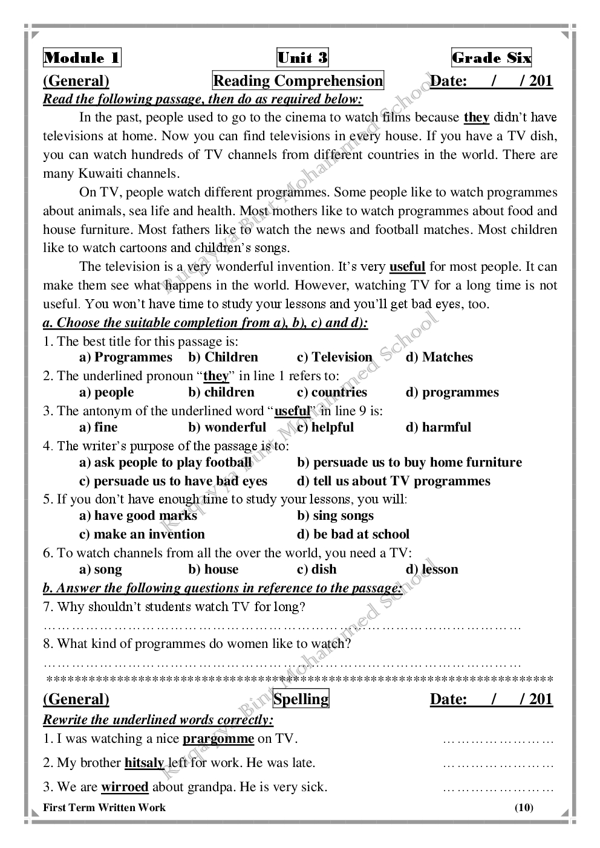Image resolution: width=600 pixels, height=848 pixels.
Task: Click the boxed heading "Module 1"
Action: tap(82, 58)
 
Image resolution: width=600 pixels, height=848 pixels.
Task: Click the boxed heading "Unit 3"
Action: tap(302, 58)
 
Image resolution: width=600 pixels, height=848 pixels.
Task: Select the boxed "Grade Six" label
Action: tap(492, 58)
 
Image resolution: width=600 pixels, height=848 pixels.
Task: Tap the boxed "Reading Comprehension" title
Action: tap(298, 81)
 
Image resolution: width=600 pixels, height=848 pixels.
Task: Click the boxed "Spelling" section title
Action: tap(301, 699)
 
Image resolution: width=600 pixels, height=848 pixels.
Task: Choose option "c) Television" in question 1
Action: tap(334, 357)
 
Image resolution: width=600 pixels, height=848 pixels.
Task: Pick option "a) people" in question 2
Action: tap(106, 392)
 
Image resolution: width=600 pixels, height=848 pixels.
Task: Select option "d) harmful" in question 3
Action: tap(438, 427)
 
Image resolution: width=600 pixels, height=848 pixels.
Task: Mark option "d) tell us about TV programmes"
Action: tap(394, 481)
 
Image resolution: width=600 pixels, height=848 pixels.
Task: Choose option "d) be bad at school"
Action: tap(353, 534)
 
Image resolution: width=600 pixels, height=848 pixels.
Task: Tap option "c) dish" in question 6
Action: tap(317, 569)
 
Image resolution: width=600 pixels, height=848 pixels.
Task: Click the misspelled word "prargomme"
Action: tap(218, 739)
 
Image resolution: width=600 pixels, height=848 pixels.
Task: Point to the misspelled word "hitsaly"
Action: tap(145, 763)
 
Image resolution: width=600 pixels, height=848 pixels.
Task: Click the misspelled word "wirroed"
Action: tap(125, 787)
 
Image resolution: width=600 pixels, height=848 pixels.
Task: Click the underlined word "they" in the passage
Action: tap(477, 117)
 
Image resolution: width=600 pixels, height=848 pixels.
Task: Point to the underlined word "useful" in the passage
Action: tap(407, 267)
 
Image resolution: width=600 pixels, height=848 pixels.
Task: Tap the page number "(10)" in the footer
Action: tap(524, 808)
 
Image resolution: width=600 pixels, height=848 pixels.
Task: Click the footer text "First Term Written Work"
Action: tap(104, 808)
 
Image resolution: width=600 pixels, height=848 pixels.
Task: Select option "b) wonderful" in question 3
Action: tap(227, 427)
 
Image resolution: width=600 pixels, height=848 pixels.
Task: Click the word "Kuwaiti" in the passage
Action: tap(101, 173)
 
